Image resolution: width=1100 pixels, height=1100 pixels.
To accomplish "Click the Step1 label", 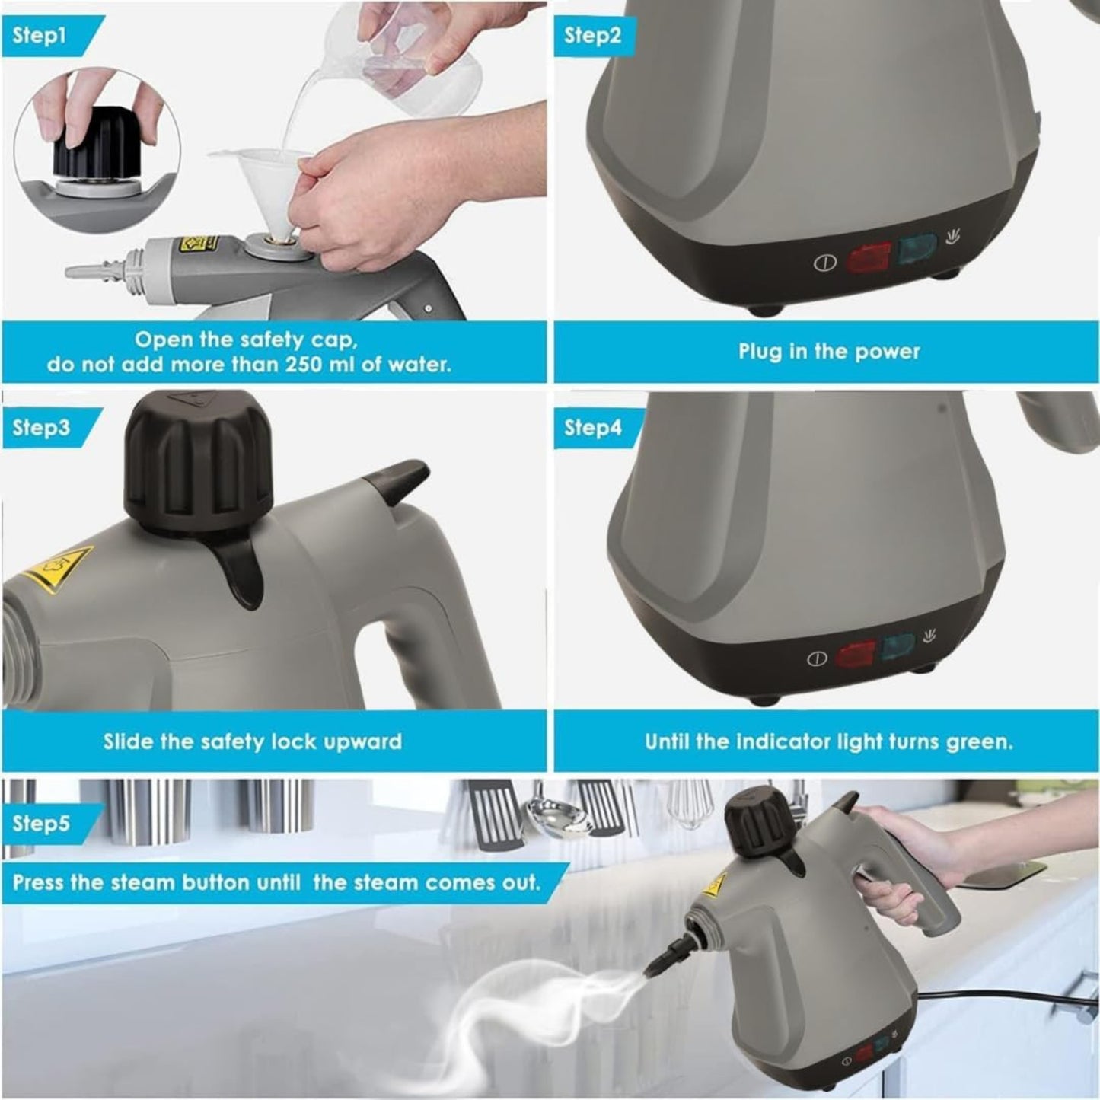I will coord(40,35).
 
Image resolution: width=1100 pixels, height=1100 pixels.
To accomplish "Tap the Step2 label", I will coord(592,35).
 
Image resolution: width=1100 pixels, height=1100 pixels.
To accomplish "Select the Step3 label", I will coord(41,427).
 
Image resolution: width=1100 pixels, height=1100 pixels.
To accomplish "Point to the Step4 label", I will coord(592,427).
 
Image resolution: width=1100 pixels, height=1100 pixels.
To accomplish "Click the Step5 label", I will coord(41,823).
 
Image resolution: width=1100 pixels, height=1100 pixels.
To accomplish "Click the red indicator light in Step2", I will coord(869,260).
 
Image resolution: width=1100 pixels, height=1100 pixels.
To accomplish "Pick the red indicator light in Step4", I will coord(856,653).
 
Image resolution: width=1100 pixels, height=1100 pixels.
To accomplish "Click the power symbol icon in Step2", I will coord(825,263).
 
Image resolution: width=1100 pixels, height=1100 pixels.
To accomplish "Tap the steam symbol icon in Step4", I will coord(929,636).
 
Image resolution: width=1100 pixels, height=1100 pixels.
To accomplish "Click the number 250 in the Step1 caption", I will coord(307,364).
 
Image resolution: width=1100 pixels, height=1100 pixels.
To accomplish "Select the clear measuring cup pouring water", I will coord(411,61).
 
